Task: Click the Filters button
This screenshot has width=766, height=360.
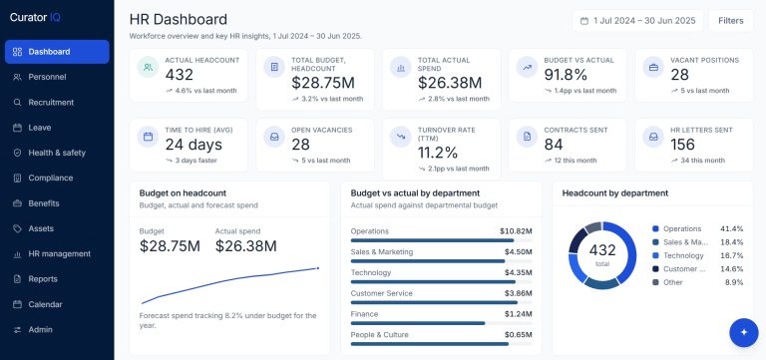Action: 731,21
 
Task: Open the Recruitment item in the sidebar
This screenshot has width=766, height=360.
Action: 51,102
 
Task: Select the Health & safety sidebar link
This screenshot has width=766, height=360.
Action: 57,153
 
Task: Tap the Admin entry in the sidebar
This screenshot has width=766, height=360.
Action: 40,330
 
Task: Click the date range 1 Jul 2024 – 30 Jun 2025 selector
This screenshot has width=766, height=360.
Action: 637,21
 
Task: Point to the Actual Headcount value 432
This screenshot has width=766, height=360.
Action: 180,75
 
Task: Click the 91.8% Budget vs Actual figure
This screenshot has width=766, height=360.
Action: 566,75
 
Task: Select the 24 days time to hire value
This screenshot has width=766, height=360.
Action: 193,145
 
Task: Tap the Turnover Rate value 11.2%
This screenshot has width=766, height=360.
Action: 438,153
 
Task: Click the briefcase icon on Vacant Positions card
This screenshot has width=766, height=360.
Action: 653,68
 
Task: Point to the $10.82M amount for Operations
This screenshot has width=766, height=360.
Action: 516,231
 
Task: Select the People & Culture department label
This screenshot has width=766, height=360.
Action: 380,335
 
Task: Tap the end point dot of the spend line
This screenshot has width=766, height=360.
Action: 318,268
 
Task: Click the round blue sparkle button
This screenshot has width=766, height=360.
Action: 743,333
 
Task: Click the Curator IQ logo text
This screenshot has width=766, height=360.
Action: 35,18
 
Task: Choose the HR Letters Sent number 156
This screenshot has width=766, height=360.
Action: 682,145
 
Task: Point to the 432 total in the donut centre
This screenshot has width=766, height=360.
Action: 602,250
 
